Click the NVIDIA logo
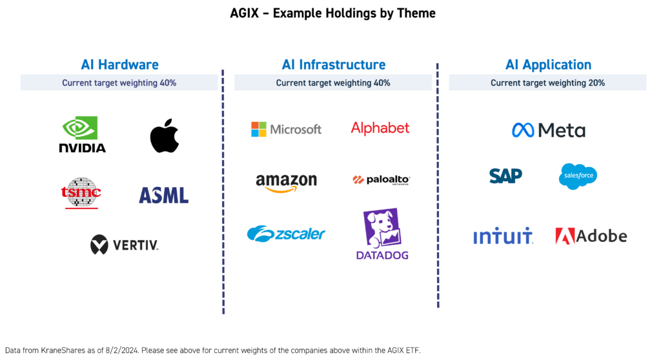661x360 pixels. click(82, 134)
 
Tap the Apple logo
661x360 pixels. click(164, 135)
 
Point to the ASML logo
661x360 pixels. click(163, 195)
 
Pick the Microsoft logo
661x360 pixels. click(286, 129)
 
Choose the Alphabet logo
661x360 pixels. click(380, 128)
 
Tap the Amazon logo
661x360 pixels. click(286, 183)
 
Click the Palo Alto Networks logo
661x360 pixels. click(381, 180)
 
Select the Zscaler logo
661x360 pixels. click(286, 234)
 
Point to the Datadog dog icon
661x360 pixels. click(381, 227)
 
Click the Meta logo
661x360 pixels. click(549, 130)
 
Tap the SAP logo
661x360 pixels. click(505, 175)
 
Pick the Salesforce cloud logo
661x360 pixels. click(578, 176)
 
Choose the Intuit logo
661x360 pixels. click(503, 236)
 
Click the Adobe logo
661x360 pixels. click(591, 236)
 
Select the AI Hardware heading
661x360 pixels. click(119, 65)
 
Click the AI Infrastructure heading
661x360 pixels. click(333, 65)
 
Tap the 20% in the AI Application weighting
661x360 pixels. click(596, 83)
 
